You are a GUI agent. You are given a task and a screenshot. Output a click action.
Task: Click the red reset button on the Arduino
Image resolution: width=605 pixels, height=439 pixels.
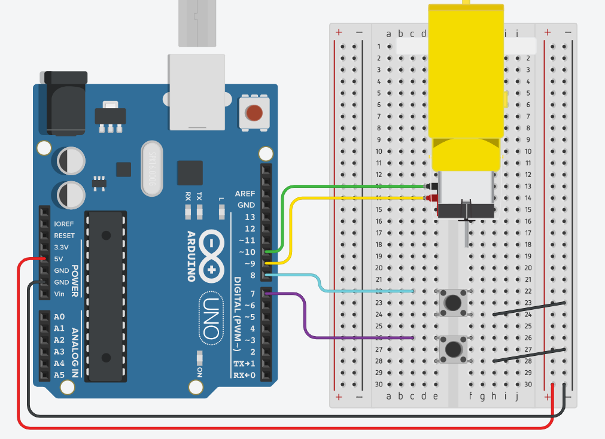(254, 112)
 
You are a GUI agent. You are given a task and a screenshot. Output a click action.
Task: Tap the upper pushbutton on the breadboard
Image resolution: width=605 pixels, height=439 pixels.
(453, 302)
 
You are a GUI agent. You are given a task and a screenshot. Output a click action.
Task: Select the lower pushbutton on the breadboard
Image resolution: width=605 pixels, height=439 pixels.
(453, 348)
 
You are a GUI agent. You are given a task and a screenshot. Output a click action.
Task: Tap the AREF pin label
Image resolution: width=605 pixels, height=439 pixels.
(245, 194)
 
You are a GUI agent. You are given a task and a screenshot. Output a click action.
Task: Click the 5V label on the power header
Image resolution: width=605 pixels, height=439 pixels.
(59, 259)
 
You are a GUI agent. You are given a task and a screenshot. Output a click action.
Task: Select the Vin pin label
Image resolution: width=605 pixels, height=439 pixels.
(59, 294)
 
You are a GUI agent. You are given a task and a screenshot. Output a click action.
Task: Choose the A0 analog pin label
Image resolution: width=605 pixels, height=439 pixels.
(59, 317)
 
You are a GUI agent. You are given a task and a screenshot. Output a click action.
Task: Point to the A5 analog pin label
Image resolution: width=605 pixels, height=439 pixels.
(59, 375)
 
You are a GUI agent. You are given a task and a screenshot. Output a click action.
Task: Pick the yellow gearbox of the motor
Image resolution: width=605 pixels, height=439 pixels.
(466, 84)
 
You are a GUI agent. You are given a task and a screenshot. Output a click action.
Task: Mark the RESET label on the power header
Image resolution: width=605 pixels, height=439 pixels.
(64, 236)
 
